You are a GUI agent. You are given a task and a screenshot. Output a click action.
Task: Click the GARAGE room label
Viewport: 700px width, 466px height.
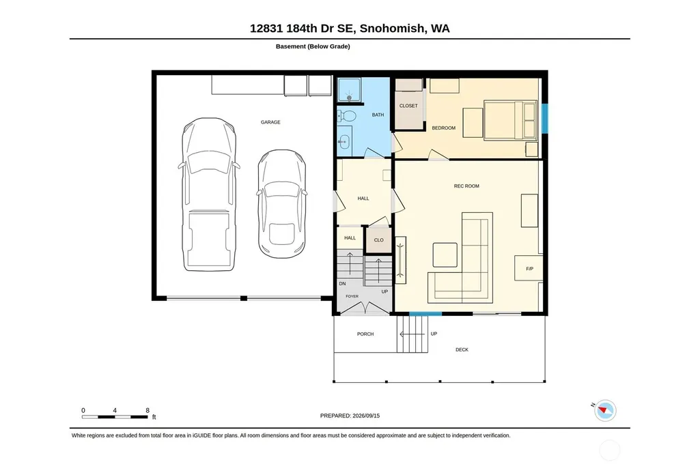click(270, 122)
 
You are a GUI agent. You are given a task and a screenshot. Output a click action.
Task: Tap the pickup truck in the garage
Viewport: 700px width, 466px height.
click(209, 194)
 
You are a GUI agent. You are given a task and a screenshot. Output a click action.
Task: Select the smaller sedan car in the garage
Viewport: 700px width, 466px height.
click(281, 204)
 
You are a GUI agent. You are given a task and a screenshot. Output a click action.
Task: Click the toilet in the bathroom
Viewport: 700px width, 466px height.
click(346, 117)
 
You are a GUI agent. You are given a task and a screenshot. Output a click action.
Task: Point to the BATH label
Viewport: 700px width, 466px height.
click(378, 115)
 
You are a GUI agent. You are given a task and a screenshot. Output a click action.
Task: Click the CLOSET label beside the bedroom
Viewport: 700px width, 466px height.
click(408, 106)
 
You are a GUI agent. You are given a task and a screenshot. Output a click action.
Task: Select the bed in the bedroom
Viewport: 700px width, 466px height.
click(510, 120)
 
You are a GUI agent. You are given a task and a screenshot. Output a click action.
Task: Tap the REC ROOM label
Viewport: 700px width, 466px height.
click(466, 186)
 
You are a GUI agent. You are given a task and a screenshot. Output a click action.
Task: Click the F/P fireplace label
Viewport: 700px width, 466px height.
click(529, 269)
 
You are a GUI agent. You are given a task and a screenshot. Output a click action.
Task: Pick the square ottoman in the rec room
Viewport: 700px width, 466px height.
click(445, 255)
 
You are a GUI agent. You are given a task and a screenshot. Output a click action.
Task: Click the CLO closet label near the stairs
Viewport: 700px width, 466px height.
click(378, 240)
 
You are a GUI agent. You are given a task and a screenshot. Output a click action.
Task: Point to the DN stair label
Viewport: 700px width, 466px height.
click(342, 284)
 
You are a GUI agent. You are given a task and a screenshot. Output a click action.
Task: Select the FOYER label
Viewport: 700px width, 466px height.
click(352, 296)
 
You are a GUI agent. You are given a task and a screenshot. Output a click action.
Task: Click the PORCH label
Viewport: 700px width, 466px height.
click(365, 334)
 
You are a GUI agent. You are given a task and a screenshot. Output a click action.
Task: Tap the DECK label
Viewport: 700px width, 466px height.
click(462, 349)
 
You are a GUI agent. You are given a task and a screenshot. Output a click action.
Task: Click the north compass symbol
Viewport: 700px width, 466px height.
click(605, 410)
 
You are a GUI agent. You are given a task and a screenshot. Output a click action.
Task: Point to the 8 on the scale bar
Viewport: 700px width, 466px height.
click(148, 410)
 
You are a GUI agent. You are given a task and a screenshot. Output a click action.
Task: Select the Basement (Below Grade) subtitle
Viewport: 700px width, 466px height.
click(313, 46)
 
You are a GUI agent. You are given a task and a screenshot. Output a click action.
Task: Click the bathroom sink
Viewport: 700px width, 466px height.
click(344, 142)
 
